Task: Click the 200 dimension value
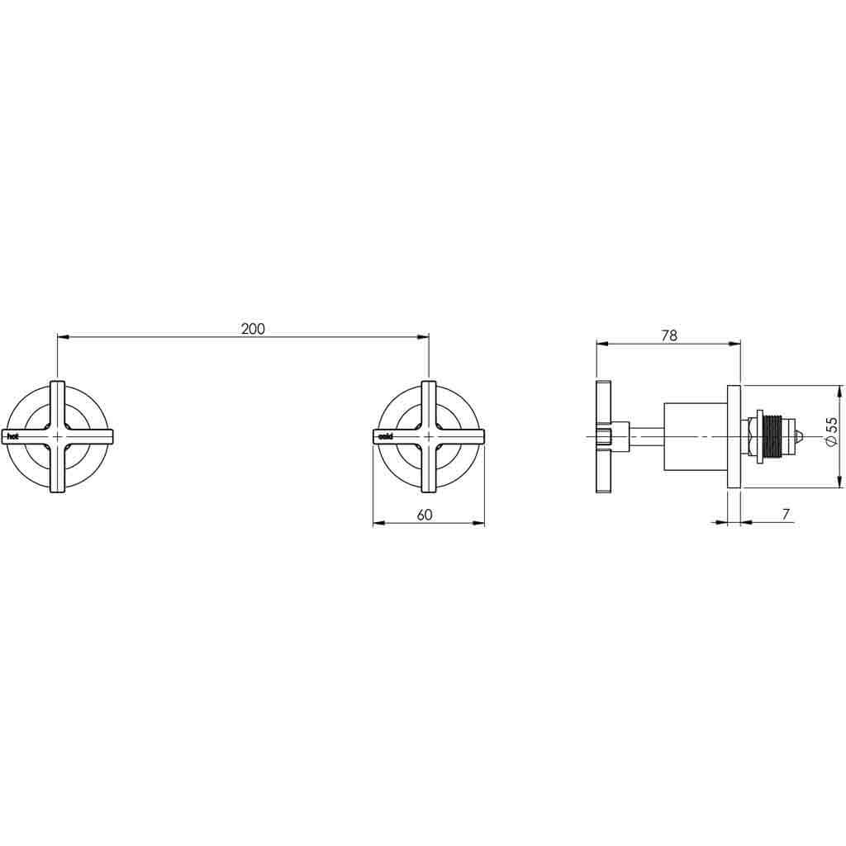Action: point(253,329)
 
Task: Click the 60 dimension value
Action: point(425,515)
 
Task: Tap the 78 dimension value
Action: point(669,335)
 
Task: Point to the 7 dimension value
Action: point(786,515)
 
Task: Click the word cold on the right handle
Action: point(386,435)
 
